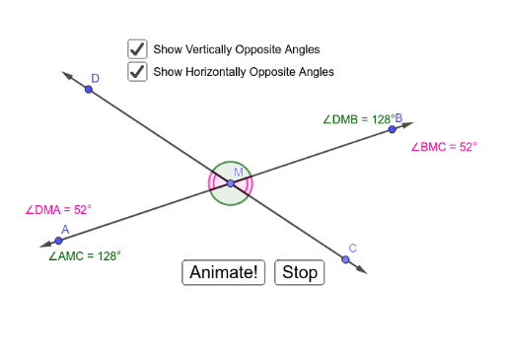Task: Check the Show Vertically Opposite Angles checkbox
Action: pos(137,48)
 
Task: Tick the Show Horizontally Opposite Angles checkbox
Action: pos(137,71)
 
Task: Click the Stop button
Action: pos(299,272)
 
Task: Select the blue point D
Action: pos(89,90)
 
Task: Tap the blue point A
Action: pos(59,240)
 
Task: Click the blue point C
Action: pos(345,259)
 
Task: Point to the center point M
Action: pos(231,183)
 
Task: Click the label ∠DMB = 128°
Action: pos(357,119)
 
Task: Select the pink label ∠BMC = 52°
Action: pos(443,146)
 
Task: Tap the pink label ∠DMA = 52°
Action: pos(57,209)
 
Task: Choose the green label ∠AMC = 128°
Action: pos(84,255)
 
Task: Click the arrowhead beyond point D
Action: pos(66,73)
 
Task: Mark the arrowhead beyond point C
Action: pos(362,270)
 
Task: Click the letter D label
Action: pos(96,79)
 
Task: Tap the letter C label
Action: pos(353,249)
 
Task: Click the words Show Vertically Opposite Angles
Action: pos(237,49)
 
